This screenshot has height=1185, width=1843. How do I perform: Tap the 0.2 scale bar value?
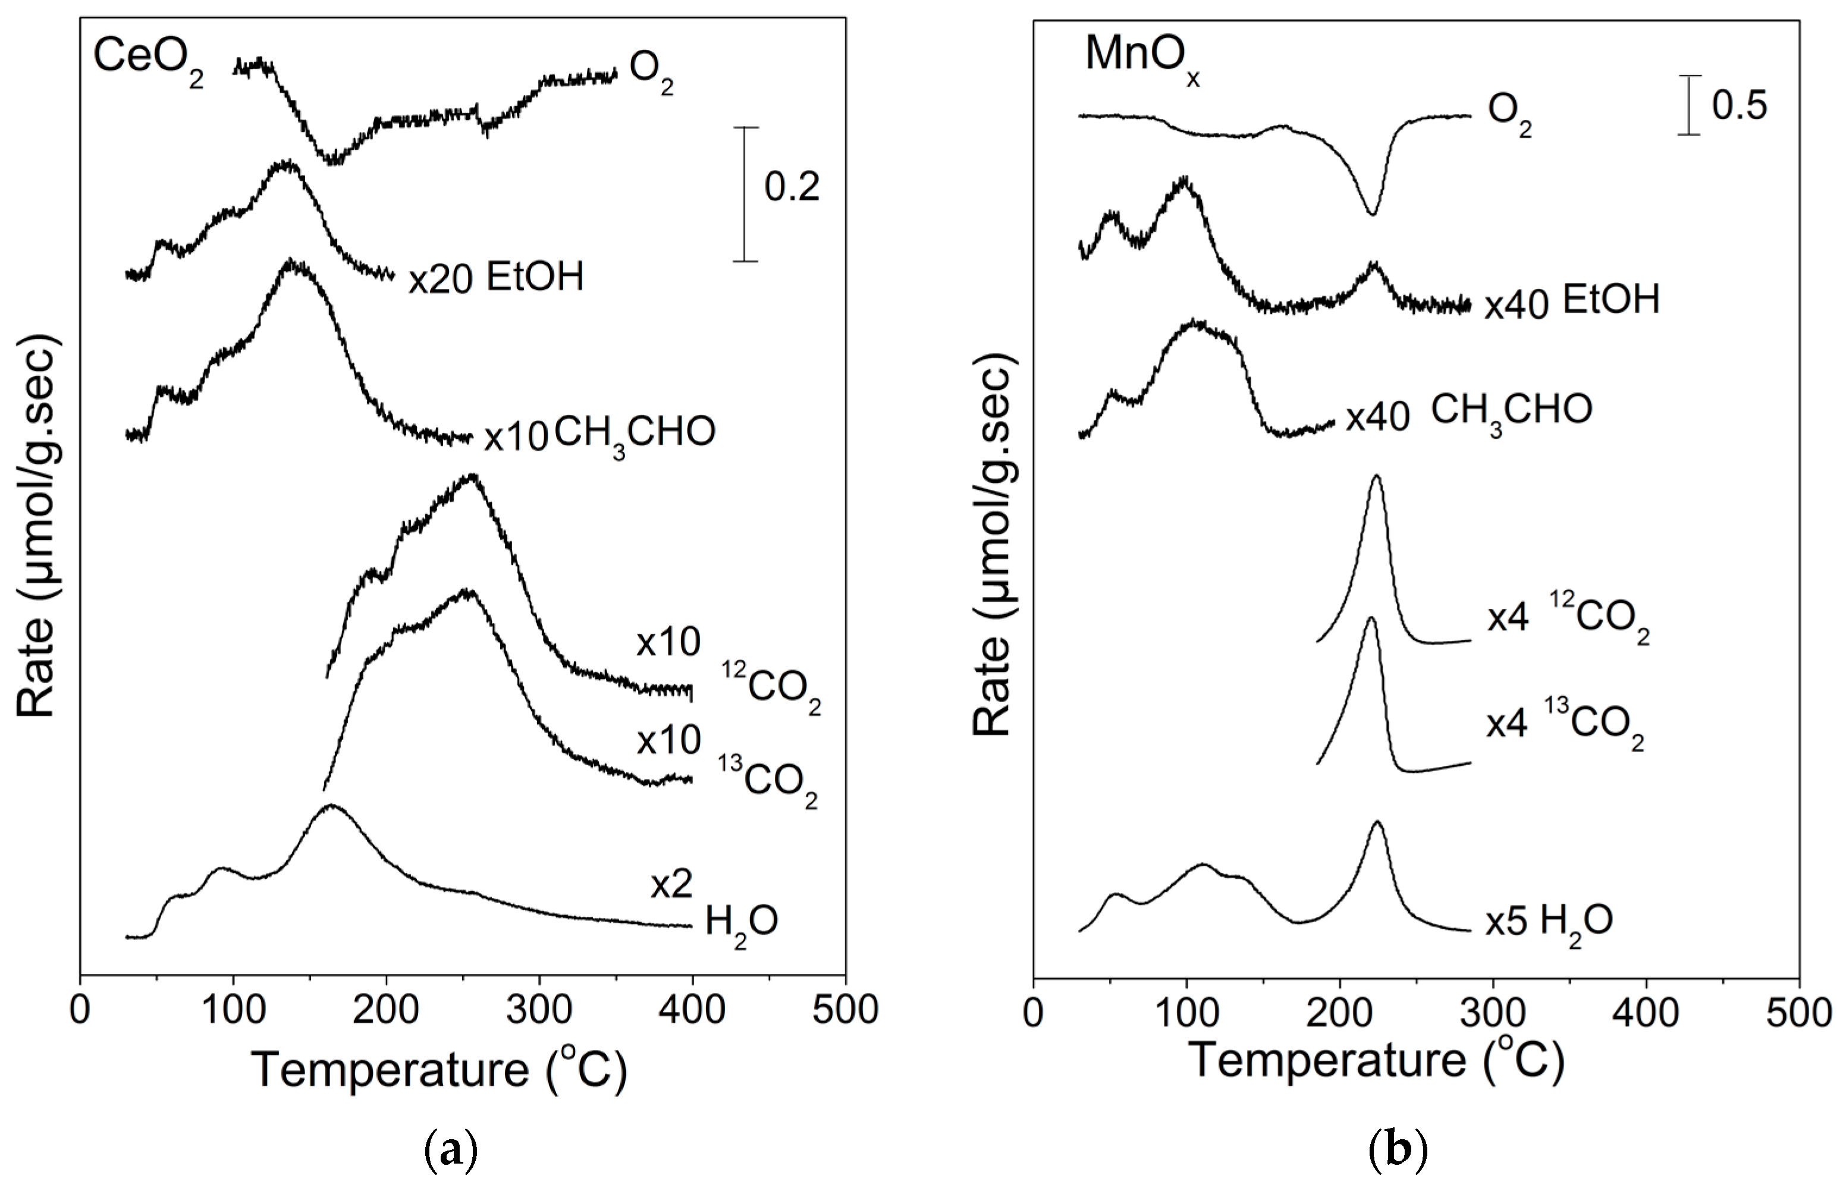[792, 187]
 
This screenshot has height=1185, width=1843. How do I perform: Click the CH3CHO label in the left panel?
[635, 435]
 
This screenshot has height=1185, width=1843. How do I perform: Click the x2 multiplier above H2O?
[671, 886]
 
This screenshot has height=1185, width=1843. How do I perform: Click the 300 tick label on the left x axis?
[539, 1010]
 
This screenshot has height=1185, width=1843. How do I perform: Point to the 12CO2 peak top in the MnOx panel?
[1376, 476]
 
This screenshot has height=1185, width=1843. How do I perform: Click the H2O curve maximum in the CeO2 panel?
[331, 806]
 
